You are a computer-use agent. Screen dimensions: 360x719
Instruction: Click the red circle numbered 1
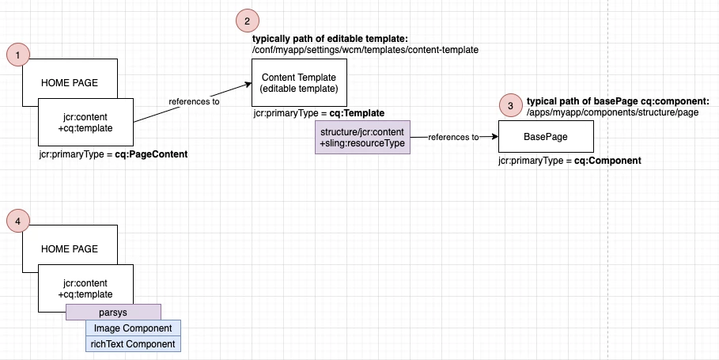pos(18,54)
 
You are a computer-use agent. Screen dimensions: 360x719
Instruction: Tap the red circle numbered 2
pos(247,21)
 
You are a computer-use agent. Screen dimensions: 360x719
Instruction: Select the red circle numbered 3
pos(510,105)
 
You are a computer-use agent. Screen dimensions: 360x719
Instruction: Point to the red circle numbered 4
pos(18,221)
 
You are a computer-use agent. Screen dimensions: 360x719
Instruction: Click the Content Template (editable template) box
pos(299,82)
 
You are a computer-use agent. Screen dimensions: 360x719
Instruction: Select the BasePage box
pos(545,137)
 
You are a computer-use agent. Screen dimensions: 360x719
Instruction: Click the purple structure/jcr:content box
pos(362,137)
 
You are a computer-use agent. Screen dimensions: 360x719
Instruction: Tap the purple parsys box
pos(114,312)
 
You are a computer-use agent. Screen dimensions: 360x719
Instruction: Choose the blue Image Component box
pos(133,328)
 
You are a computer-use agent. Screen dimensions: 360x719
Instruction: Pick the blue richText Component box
pos(133,344)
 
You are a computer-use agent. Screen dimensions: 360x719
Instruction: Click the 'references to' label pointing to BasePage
pos(454,137)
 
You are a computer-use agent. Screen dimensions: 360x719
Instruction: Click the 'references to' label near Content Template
pos(194,101)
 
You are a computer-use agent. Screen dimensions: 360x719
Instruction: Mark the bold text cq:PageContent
pos(151,154)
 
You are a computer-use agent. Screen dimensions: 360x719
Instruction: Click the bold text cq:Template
pos(357,114)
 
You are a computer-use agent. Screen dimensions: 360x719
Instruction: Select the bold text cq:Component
pos(607,161)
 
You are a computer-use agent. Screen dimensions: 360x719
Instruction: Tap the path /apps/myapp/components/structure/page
pos(613,114)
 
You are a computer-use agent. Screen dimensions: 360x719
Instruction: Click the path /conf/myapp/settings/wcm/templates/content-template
pos(365,50)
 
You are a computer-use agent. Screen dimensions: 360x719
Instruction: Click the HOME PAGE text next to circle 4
pos(70,249)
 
